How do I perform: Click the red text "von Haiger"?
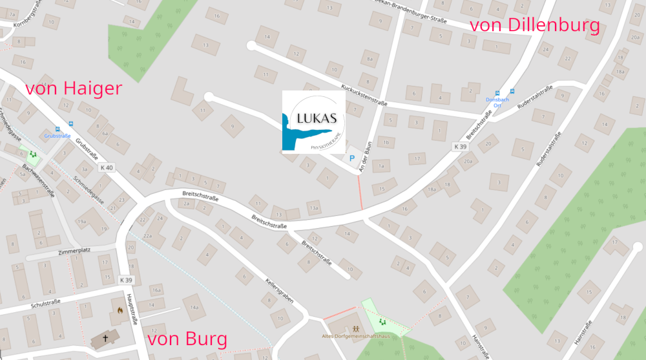coord(74,89)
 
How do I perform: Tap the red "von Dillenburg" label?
coord(535,26)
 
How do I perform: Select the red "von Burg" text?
coord(187,339)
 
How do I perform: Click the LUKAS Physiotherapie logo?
coord(313,122)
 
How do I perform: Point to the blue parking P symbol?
coord(352,158)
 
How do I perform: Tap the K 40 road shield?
coord(107,168)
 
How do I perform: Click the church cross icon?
coord(105,338)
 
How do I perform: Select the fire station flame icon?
coord(120,310)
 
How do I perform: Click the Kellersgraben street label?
coord(280,291)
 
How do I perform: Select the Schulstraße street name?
coord(45,302)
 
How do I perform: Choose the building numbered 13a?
coord(314,208)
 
